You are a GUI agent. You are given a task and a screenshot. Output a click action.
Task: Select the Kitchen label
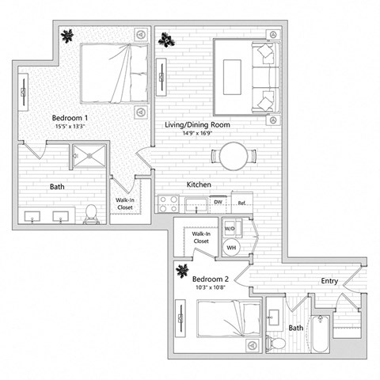point(198,184)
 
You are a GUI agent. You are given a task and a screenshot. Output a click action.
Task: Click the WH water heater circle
point(232,247)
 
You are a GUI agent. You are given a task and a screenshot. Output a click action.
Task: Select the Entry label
point(331,282)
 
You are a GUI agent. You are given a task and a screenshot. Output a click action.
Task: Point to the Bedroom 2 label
point(211,279)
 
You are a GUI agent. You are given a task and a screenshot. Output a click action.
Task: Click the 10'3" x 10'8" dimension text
point(211,289)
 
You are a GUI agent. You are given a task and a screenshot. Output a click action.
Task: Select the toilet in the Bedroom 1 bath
point(92,212)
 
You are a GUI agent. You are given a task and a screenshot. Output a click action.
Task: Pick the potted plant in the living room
point(165,37)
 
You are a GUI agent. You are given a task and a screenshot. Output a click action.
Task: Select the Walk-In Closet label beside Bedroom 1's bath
point(125,203)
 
